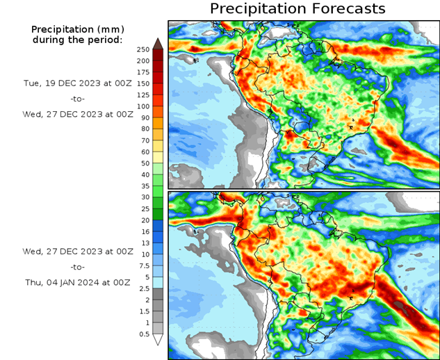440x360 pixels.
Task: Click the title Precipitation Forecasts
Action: coord(298,9)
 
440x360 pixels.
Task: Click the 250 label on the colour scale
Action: coord(142,49)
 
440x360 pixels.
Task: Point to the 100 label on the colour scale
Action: coord(142,106)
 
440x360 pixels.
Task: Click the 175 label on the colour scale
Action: coord(142,72)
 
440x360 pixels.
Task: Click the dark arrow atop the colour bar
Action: coord(158,43)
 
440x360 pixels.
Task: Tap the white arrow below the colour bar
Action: coord(158,340)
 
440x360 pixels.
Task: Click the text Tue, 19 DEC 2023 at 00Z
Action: coord(78,83)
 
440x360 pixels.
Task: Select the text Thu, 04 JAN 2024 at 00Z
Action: coord(78,283)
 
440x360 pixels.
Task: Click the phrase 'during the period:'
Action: coord(78,40)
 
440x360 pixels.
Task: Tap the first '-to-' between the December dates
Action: coord(78,99)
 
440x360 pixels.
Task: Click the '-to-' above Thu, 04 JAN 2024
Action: coord(78,267)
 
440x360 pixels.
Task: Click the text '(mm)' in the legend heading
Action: coord(108,29)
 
